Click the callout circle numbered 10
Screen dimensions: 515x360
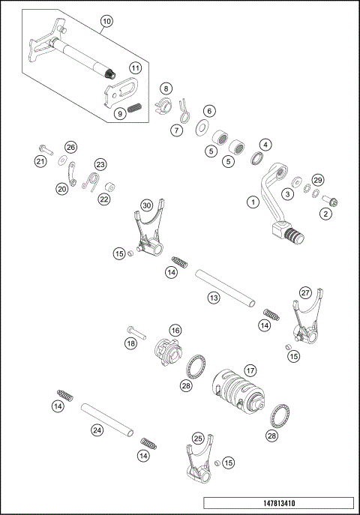[x=107, y=22]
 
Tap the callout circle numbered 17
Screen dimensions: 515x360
[x=250, y=370]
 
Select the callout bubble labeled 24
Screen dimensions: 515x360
[x=97, y=430]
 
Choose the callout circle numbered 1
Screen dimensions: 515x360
[x=253, y=201]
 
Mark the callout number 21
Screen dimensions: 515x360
[x=41, y=161]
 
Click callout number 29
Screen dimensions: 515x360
[x=317, y=181]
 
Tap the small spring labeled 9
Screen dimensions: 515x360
[x=135, y=108]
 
